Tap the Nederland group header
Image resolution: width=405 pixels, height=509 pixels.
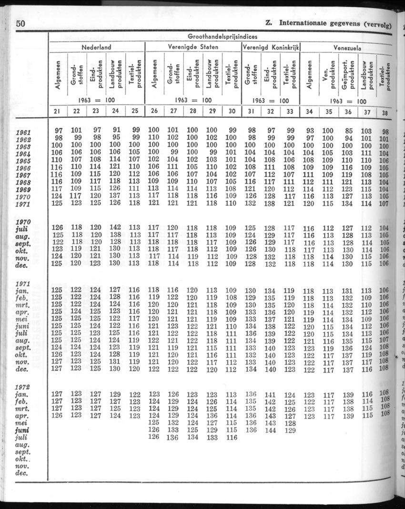pyautogui.click(x=96, y=47)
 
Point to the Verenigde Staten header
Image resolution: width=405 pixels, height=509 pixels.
pyautogui.click(x=193, y=47)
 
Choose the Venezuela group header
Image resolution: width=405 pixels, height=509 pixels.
pyautogui.click(x=346, y=48)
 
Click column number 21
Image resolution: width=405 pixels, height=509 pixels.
pyautogui.click(x=58, y=112)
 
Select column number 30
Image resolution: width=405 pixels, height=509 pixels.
pyautogui.click(x=231, y=112)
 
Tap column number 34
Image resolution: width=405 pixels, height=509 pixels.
pyautogui.click(x=309, y=112)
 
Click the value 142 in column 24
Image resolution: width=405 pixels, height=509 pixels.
pyautogui.click(x=115, y=228)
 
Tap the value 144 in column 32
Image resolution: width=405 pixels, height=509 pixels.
pyautogui.click(x=270, y=430)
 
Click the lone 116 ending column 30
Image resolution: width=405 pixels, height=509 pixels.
pyautogui.click(x=231, y=437)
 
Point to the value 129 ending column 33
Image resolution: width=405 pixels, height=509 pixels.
pyautogui.click(x=290, y=430)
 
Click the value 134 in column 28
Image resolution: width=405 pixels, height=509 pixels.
pyautogui.click(x=192, y=437)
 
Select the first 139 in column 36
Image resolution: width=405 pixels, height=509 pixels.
pyautogui.click(x=348, y=395)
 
